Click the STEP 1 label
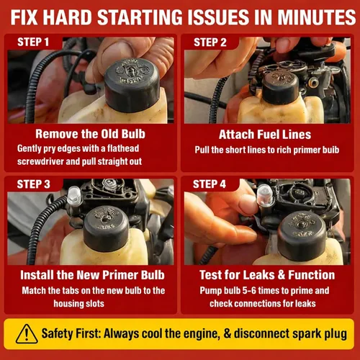[x=33, y=42]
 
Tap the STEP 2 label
[x=210, y=42]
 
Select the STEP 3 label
[x=33, y=184]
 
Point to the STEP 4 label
[x=210, y=184]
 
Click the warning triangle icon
[x=27, y=334]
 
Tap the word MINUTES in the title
[x=317, y=17]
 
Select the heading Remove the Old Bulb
[x=90, y=134]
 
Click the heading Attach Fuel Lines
[x=265, y=135]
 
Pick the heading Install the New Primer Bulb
[x=92, y=275]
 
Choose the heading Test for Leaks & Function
[x=267, y=275]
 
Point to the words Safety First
[x=71, y=333]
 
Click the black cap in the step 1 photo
[x=132, y=85]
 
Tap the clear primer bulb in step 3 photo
[x=74, y=195]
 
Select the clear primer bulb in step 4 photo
[x=265, y=194]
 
